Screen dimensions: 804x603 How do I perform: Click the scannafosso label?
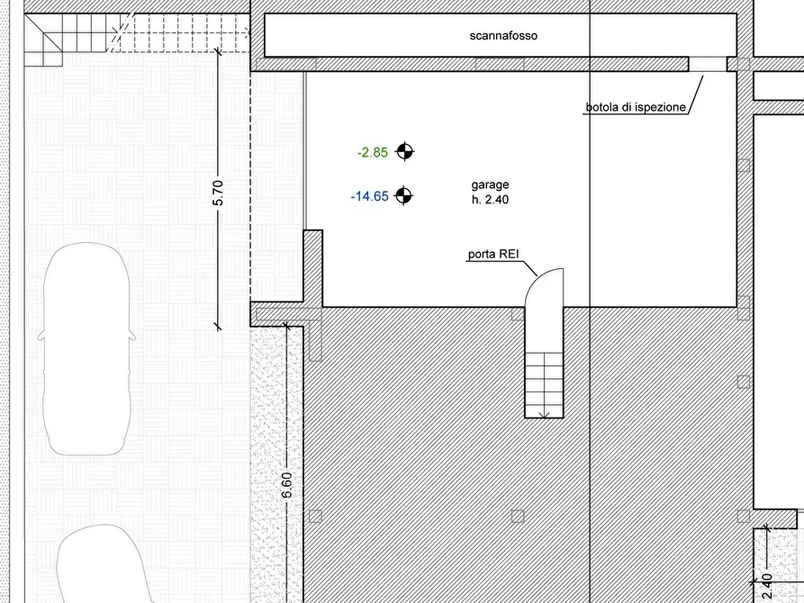(503, 36)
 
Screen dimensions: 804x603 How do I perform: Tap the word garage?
(490, 184)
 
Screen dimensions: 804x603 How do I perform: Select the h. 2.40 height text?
(490, 200)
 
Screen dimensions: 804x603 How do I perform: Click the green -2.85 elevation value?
(373, 152)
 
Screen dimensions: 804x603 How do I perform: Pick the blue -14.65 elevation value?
(370, 196)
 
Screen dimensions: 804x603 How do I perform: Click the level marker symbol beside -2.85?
(404, 151)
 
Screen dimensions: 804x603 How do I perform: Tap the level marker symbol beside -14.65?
(403, 195)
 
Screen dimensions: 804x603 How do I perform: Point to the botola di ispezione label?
(636, 107)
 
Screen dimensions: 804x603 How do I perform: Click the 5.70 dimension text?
(218, 193)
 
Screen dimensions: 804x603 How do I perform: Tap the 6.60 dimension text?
(287, 485)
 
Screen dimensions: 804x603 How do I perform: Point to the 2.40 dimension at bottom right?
(767, 587)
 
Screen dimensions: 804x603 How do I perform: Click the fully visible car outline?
(87, 349)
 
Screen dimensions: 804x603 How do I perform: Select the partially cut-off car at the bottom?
(103, 564)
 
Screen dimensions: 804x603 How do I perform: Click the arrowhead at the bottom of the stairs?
(544, 414)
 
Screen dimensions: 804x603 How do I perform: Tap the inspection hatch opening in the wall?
(707, 64)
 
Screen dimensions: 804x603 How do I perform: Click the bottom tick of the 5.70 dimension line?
(218, 326)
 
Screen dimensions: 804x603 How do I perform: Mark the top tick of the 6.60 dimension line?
(286, 325)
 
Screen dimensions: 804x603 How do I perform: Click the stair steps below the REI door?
(544, 384)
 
